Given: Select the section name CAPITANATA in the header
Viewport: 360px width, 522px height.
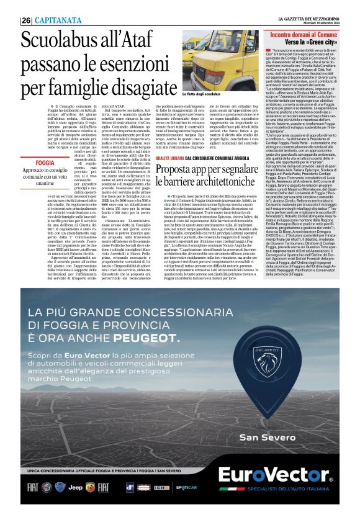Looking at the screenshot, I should [56, 20].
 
